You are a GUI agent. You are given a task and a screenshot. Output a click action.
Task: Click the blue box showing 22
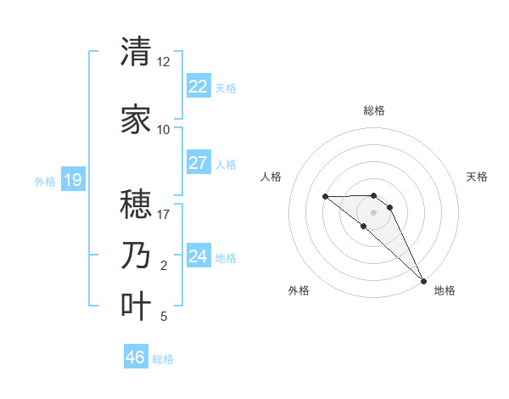point(198,86)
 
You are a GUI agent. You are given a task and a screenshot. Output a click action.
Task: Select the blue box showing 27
point(198,163)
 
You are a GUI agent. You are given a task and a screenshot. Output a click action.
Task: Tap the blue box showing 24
point(198,256)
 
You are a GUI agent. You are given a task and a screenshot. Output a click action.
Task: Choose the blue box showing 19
point(72,180)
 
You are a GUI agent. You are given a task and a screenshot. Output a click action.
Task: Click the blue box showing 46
point(136,357)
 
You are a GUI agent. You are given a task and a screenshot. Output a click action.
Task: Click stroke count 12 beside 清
point(163,62)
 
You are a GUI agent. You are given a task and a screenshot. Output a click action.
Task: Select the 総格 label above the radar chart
point(374,110)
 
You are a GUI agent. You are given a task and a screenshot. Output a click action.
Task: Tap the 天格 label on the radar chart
point(478,177)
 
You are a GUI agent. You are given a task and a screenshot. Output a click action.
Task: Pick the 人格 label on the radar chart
point(271,177)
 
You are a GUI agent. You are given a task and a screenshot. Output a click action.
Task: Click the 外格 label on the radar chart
point(299,290)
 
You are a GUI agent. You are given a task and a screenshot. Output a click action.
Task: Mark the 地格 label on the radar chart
point(445,290)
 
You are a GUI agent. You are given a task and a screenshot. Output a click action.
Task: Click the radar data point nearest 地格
point(423,280)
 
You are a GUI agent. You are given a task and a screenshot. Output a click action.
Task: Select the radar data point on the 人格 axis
point(325,196)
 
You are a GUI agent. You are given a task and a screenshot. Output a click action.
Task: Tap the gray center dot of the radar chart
point(374,211)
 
